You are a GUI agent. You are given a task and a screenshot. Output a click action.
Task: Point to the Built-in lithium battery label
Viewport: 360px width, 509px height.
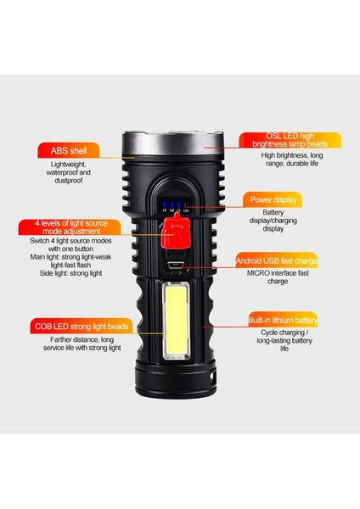pyautogui.click(x=283, y=320)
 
